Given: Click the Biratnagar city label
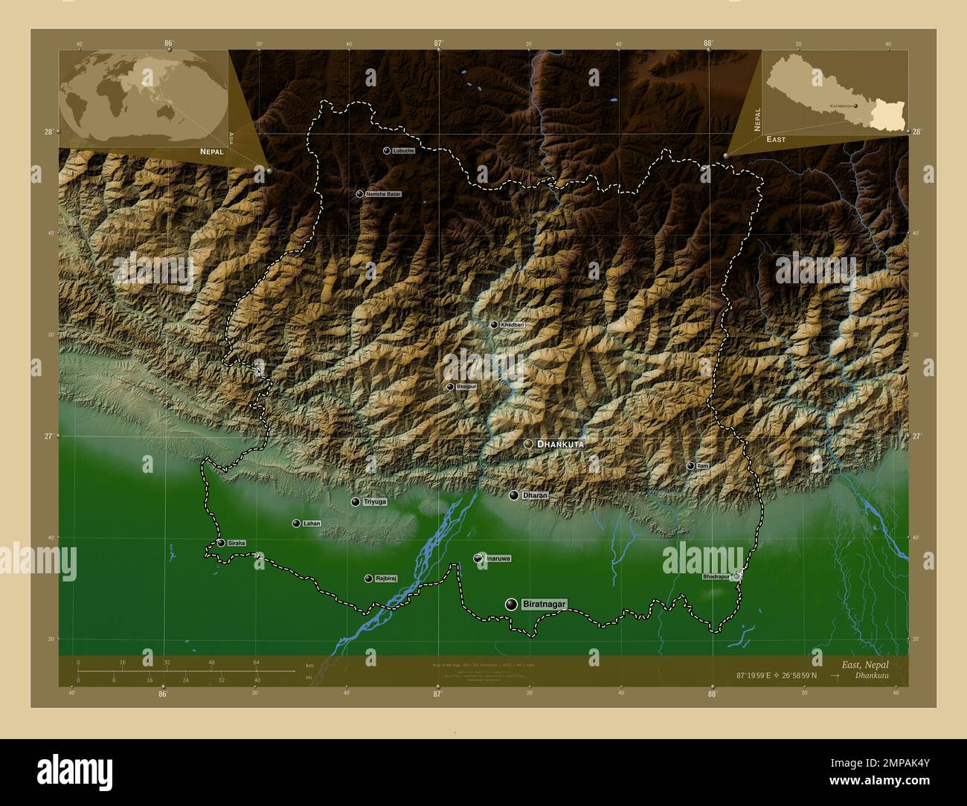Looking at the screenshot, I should tap(544, 604).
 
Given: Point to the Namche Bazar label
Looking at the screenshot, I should tap(384, 194).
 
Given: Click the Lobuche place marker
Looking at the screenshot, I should tap(387, 150).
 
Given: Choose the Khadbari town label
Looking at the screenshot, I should tap(513, 325).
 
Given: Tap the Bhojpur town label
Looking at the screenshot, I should tap(466, 387).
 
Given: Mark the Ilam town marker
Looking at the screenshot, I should tap(690, 465).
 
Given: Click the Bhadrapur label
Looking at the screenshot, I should tap(716, 576).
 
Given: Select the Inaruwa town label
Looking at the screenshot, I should tap(498, 558).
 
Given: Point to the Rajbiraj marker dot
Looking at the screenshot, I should tap(368, 578).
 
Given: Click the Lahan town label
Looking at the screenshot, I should tap(312, 523).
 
